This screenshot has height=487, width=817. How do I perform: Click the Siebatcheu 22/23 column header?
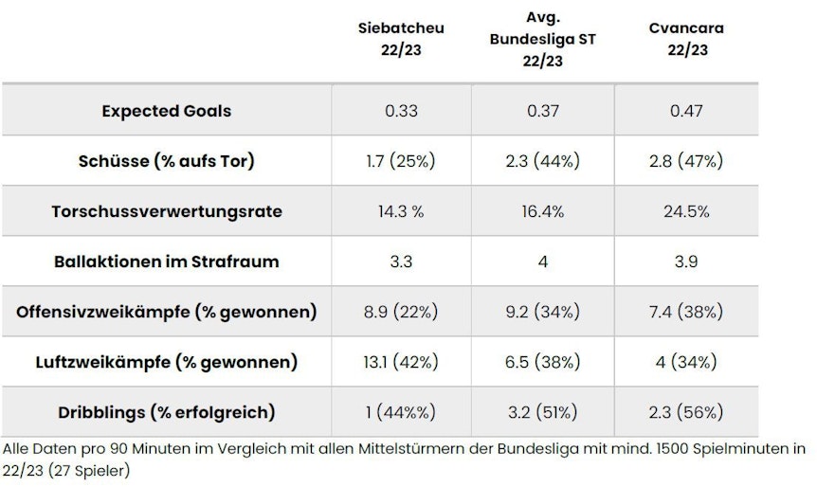tap(401, 39)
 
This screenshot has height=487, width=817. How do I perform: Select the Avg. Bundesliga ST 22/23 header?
tap(543, 39)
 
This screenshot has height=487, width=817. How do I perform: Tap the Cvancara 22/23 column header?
tap(686, 39)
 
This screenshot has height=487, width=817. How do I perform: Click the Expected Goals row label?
tap(166, 111)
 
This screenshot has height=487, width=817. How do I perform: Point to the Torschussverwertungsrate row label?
tap(166, 211)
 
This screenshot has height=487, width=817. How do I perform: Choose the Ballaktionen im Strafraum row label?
tap(166, 262)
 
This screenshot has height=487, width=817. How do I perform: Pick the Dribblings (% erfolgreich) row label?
tap(166, 412)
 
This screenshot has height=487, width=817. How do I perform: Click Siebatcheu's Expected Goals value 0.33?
tap(401, 111)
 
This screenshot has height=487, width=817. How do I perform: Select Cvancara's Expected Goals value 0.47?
tap(686, 111)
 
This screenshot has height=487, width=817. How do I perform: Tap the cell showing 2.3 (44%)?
tap(543, 161)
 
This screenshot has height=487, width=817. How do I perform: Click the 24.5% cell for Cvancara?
tap(686, 211)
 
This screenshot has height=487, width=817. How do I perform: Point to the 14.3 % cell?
tap(401, 211)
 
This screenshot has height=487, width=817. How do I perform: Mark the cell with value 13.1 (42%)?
tap(401, 362)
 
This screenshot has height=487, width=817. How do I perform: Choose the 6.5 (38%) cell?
tap(543, 362)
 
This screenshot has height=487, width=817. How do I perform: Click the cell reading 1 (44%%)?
tap(401, 412)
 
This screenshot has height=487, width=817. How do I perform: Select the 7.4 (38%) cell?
tap(686, 312)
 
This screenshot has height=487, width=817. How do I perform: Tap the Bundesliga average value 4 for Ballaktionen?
tap(543, 262)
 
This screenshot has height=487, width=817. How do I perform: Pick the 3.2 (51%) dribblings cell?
tap(543, 412)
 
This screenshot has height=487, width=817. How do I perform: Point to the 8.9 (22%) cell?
tap(401, 312)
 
